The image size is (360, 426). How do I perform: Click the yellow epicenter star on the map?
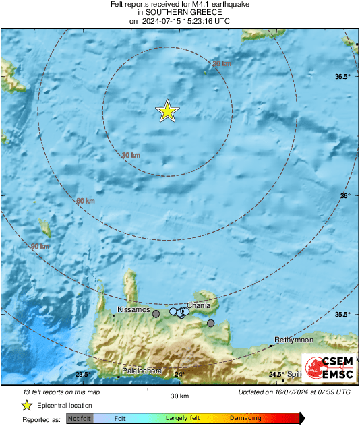(x=167, y=112)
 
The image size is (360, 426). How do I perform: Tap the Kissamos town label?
(x=133, y=309)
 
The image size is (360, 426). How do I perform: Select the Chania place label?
(x=198, y=305)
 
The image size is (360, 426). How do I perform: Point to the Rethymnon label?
(x=291, y=340)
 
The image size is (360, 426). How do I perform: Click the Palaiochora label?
(x=142, y=371)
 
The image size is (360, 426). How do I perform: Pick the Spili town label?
(x=295, y=374)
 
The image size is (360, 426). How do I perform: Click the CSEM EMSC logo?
(x=326, y=367)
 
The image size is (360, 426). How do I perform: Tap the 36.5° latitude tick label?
(x=343, y=77)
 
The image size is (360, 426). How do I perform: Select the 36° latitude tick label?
(x=345, y=196)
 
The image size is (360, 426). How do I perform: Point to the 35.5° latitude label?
(x=343, y=315)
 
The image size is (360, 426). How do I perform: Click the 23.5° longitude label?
(x=82, y=375)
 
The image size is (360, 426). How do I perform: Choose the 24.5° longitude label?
(x=276, y=375)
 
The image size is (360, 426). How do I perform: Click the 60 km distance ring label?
(x=85, y=201)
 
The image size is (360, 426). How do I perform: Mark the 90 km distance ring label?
(x=40, y=247)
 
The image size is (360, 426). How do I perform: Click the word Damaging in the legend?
(x=245, y=419)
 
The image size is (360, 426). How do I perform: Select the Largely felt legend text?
(x=180, y=419)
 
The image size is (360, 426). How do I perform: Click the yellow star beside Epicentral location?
(x=26, y=405)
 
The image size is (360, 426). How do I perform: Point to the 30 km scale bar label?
(x=179, y=395)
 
